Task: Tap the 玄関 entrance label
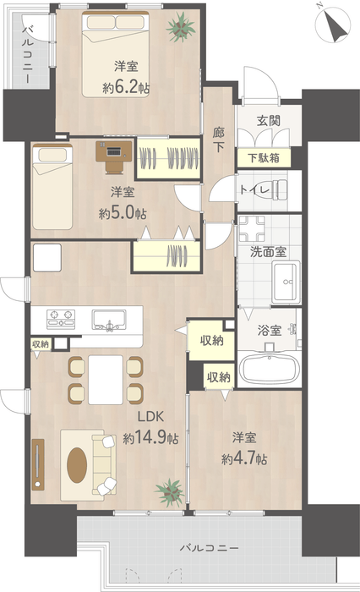[x=268, y=121]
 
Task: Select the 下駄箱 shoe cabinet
[x=264, y=157]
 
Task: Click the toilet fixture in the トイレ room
[x=280, y=189]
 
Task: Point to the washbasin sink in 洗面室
[x=286, y=282]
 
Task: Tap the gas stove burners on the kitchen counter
[x=60, y=318]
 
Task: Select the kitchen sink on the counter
[x=109, y=320]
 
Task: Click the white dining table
[x=106, y=380]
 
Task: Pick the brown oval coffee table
[x=77, y=465]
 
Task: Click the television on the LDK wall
[x=38, y=464]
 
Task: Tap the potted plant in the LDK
[x=170, y=492]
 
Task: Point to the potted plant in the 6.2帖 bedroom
[x=181, y=27]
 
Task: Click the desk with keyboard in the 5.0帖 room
[x=113, y=156]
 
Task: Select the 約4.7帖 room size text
[x=244, y=459]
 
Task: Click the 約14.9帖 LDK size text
[x=150, y=438]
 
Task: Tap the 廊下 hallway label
[x=219, y=140]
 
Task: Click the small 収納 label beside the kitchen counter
[x=41, y=344]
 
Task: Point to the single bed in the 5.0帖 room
[x=52, y=187]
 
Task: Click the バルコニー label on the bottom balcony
[x=209, y=547]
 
